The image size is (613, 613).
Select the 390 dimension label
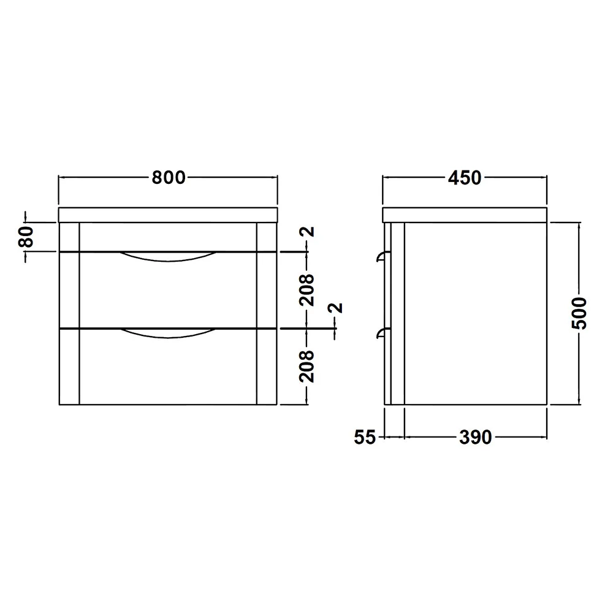(475, 437)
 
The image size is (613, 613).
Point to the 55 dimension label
(365, 437)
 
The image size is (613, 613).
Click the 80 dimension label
(26, 237)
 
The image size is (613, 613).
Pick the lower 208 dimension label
(308, 366)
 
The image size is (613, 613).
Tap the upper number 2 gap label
(308, 232)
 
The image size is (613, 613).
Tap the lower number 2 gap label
(336, 308)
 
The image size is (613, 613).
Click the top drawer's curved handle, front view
(168, 257)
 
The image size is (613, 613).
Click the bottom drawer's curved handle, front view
(168, 334)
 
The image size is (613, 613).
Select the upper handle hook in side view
(381, 256)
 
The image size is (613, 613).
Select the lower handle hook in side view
(381, 333)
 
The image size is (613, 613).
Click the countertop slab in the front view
(168, 215)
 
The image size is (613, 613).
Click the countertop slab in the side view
(464, 215)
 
